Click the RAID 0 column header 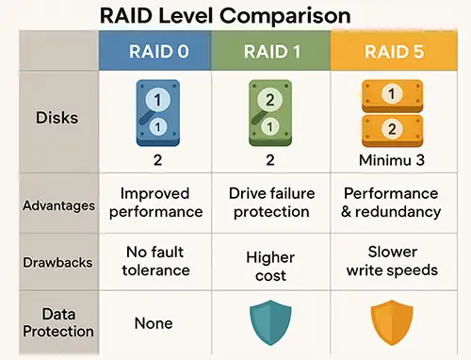click(156, 51)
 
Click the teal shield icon click(271, 322)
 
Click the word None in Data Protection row click(154, 323)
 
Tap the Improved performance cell click(156, 203)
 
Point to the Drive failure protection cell click(271, 203)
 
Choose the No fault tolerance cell click(156, 260)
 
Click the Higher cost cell click(271, 267)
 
